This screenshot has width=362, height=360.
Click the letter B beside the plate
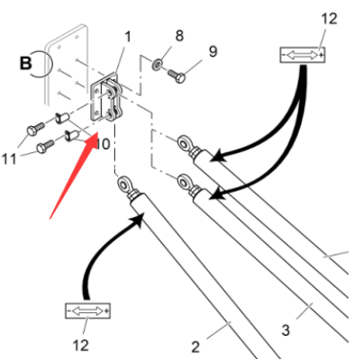click(25, 63)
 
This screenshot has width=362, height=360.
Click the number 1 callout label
click(128, 37)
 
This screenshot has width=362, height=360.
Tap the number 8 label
click(179, 35)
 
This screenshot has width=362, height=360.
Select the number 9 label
click(213, 51)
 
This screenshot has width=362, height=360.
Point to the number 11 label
click(9, 158)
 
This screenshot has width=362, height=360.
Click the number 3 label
click(285, 330)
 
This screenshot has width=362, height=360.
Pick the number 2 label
click(195, 347)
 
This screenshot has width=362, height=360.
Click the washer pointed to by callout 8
click(158, 63)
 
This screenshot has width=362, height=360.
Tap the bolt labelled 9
click(176, 76)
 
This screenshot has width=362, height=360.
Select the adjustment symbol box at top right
click(303, 55)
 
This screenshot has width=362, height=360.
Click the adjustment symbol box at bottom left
click(87, 311)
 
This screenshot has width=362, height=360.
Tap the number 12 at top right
click(330, 19)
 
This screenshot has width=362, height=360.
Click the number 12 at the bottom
click(81, 346)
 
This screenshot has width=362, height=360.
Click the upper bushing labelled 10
click(63, 118)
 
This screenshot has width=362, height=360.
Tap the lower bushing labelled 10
click(72, 136)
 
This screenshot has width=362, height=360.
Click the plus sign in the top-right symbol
click(321, 55)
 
